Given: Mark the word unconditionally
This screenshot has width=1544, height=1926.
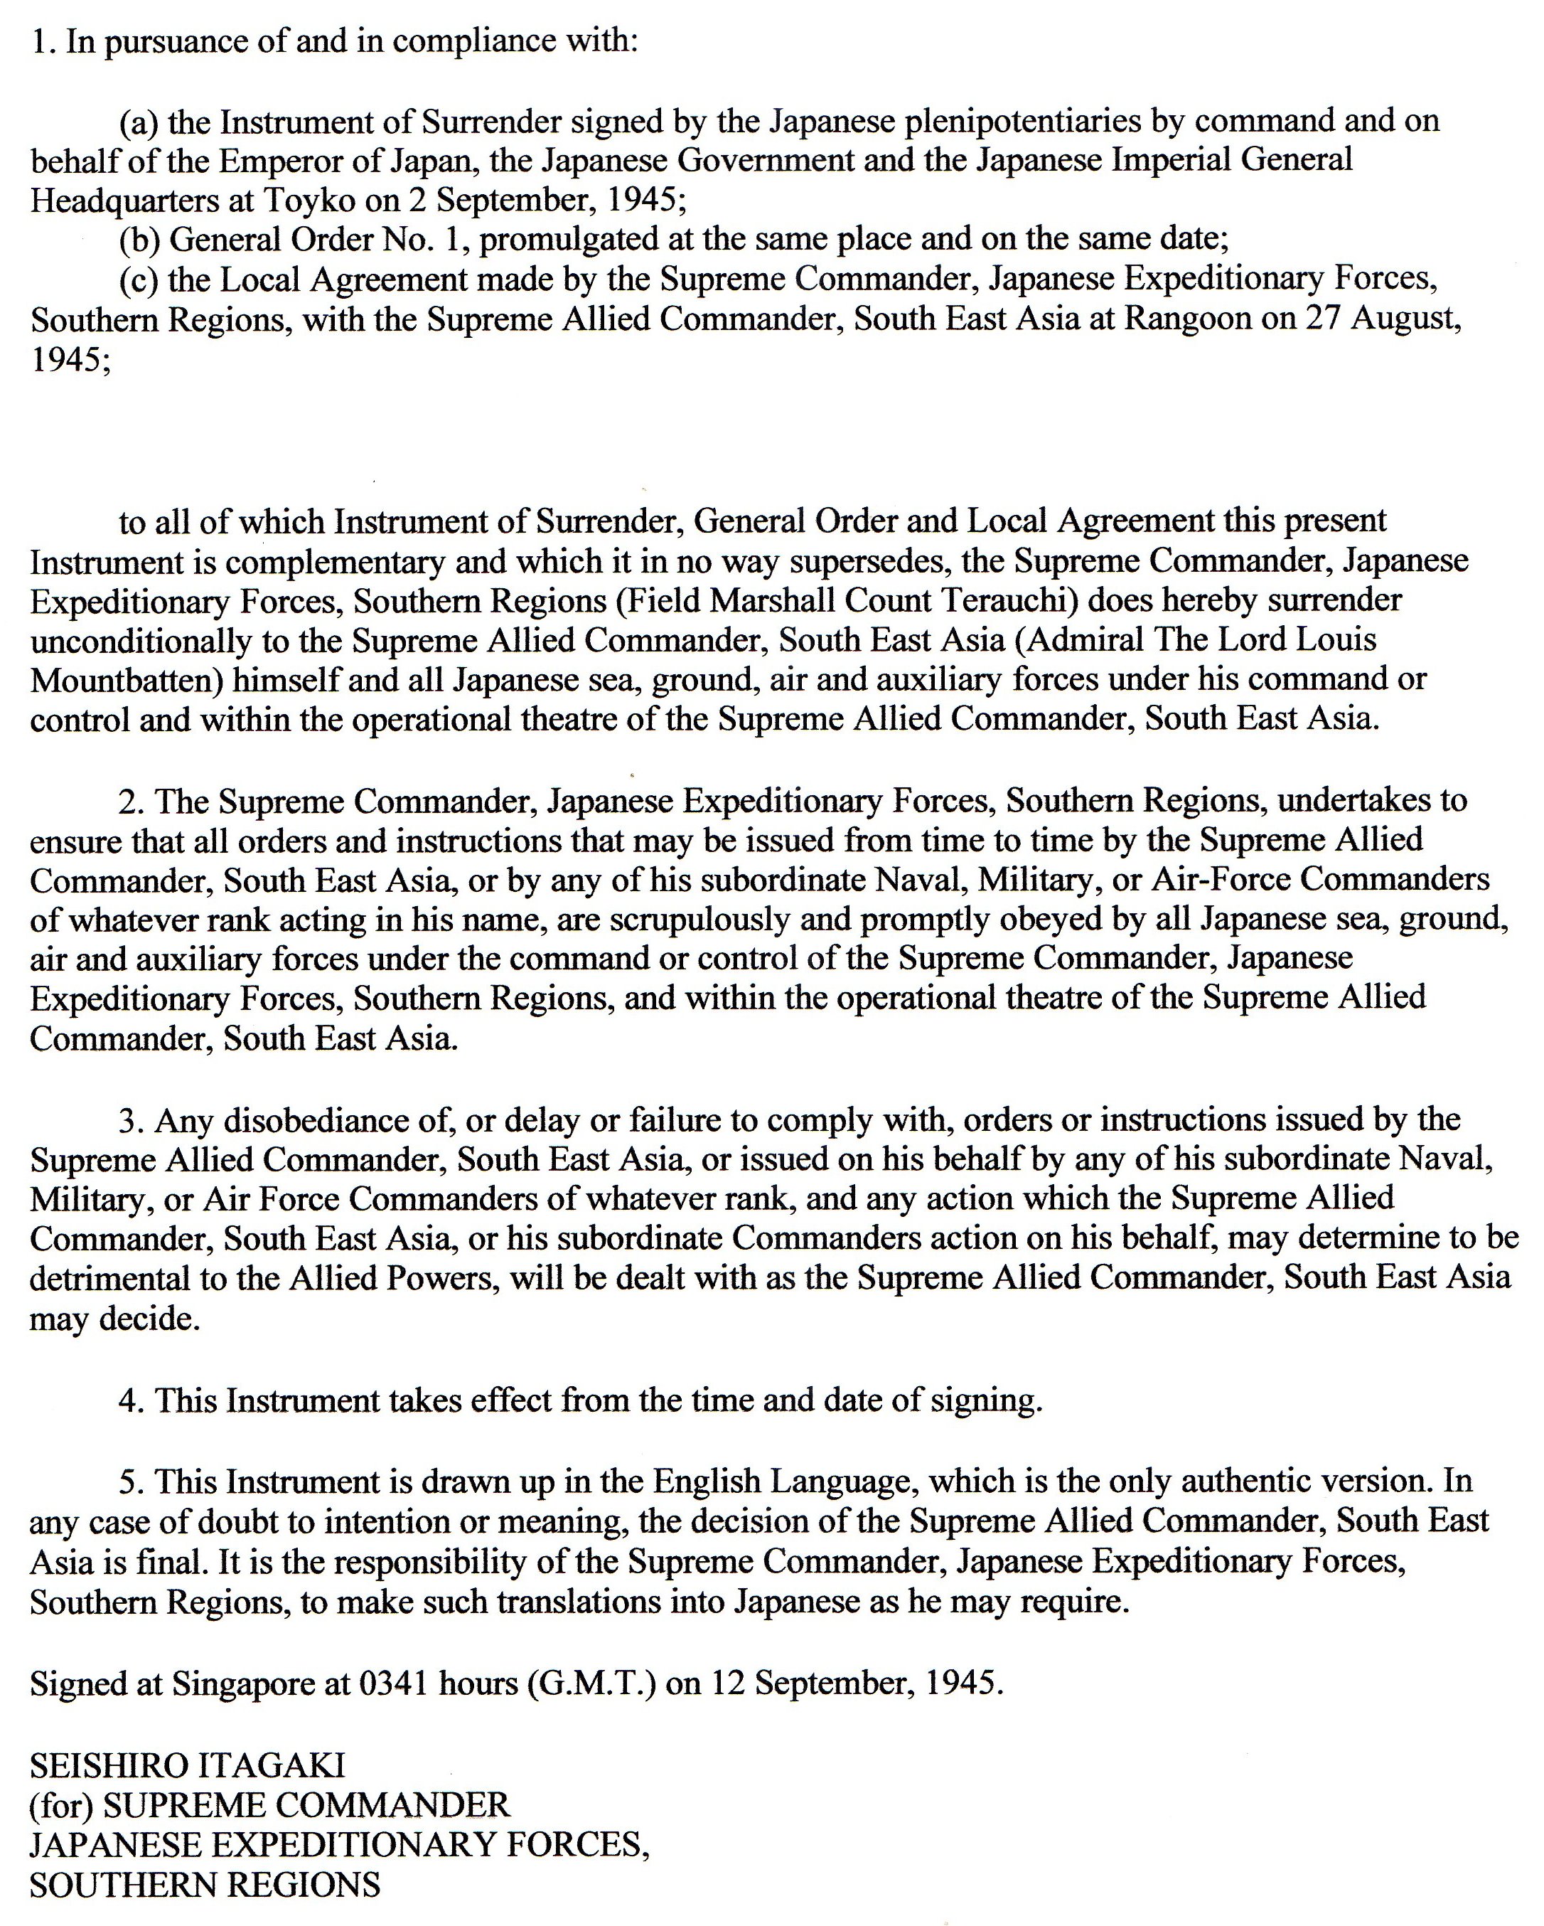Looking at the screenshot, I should (x=127, y=641).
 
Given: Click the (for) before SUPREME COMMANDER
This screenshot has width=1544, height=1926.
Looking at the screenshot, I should (x=62, y=1805).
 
